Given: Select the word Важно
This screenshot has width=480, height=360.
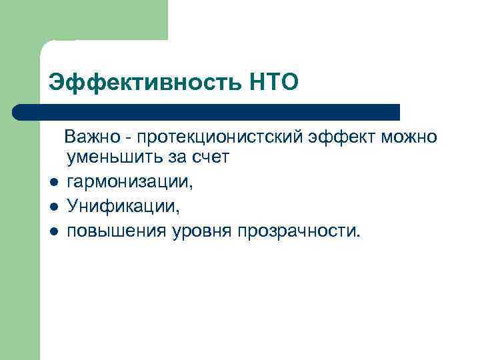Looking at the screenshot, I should [x=93, y=137].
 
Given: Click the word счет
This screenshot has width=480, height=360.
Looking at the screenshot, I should [x=211, y=159].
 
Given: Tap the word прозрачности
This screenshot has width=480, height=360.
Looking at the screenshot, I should [x=303, y=231].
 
